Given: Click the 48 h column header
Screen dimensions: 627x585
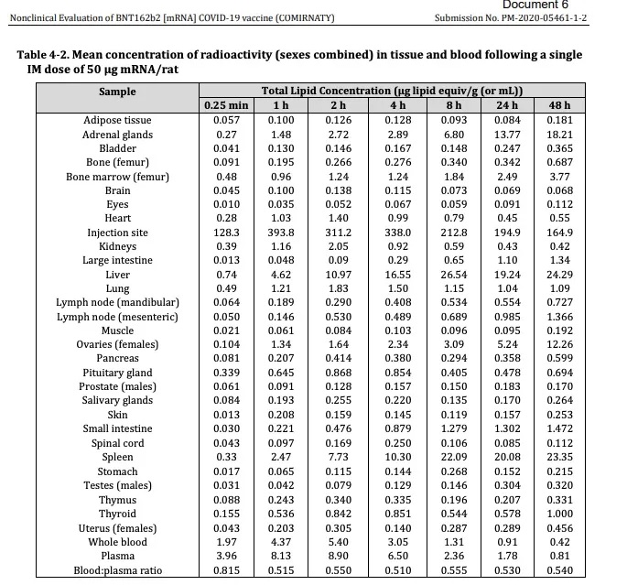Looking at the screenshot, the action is [559, 105].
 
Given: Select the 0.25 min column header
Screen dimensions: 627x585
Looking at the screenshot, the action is [226, 105].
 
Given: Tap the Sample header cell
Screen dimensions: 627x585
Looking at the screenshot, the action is [117, 92].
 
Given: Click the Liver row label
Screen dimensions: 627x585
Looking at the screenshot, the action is [117, 275].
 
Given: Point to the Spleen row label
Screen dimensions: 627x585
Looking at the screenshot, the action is [117, 457].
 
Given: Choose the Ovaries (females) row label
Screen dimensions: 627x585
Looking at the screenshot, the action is [117, 344].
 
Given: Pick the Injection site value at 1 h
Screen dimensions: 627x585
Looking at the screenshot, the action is [281, 233].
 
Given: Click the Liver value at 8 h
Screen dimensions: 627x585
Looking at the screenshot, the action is [454, 275].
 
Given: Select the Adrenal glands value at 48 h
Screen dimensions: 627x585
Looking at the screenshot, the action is [560, 135].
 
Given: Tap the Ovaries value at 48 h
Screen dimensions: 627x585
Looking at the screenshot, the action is [560, 344].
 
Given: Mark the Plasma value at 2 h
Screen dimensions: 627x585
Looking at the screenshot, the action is [339, 556].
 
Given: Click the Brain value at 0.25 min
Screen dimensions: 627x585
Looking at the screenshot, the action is [226, 190].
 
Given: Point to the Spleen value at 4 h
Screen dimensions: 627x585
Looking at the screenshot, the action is [398, 457].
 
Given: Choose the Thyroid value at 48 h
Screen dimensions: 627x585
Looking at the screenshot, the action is [560, 514].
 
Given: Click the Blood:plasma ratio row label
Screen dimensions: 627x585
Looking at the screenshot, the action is [117, 570].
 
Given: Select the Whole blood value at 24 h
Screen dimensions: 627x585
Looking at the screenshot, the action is [507, 542].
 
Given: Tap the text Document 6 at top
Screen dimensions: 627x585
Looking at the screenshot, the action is [535, 5].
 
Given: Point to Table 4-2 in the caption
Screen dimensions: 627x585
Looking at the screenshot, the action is [42, 55].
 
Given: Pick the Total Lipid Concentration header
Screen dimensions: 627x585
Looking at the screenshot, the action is [392, 92].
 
